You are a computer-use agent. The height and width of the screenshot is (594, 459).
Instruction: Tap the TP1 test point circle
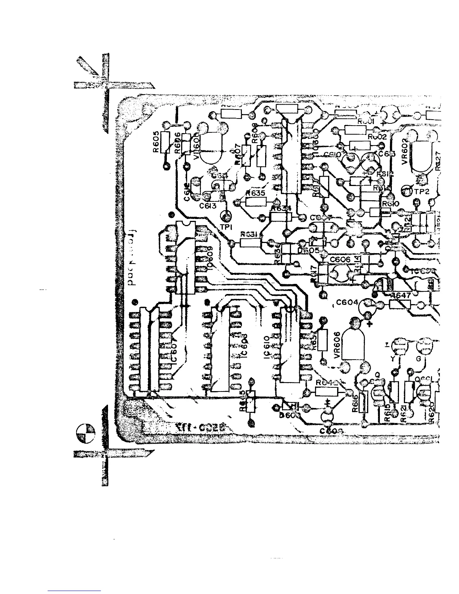[226, 216]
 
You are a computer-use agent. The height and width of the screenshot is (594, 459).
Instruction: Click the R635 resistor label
[256, 193]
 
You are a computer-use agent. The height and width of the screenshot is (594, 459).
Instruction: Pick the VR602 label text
[404, 153]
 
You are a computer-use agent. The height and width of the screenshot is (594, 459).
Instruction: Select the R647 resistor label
[401, 295]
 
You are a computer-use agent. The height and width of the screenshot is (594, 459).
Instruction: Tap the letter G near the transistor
[418, 359]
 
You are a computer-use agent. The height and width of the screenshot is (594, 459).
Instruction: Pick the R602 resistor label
[377, 137]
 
